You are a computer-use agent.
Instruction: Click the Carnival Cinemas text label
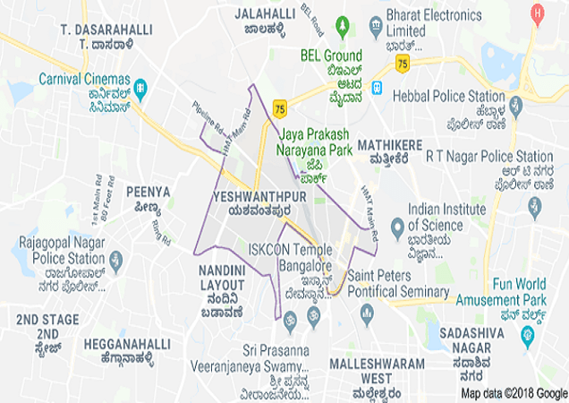[x=84, y=78]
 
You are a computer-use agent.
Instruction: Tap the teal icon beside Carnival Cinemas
[x=140, y=88]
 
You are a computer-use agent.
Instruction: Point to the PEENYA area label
[x=148, y=191]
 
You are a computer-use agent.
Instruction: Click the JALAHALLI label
[x=266, y=14]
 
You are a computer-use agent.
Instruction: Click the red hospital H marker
[x=537, y=13]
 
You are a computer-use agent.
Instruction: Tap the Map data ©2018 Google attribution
[x=514, y=393]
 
